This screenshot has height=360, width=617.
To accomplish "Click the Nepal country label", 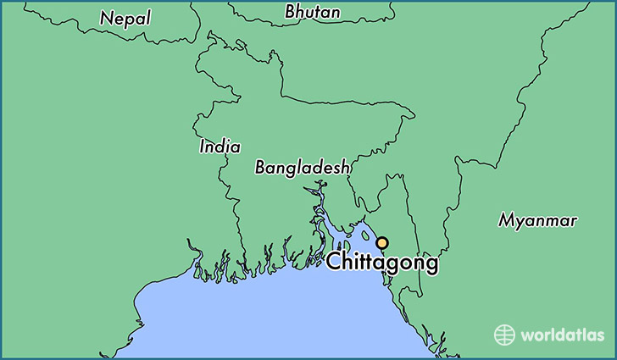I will coord(125,18).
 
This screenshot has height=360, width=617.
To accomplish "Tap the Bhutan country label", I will coord(313,12).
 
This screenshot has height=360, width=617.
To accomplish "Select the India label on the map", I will coord(220,147).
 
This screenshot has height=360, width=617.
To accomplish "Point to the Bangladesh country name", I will coord(303,168).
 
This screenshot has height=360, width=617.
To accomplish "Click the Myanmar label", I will coord(537,221).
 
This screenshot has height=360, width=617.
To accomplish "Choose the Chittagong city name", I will coord(382,263).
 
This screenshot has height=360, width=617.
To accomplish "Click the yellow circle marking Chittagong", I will coord(382,242).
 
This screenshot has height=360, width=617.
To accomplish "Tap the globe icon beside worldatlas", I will coord(505,335).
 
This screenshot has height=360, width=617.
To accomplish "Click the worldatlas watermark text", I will coord(562,335).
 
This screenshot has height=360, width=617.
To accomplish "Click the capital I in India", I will coord(203,147).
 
